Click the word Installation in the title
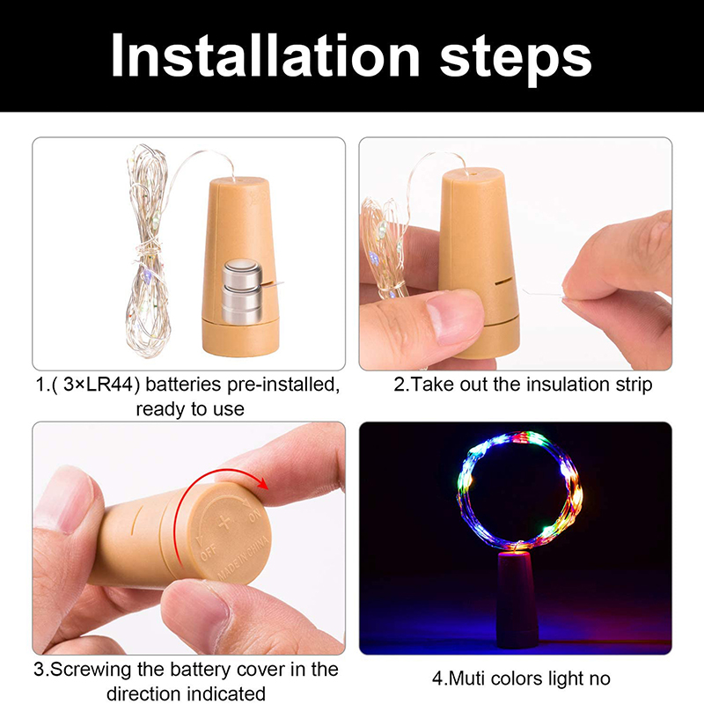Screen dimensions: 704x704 click(266, 56)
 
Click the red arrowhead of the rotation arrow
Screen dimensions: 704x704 click(262, 483)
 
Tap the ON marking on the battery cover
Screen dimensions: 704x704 click(255, 517)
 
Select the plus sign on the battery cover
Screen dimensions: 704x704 click(224, 523)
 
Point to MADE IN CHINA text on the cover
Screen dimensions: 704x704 click(244, 558)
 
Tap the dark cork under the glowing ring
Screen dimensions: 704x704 click(517, 600)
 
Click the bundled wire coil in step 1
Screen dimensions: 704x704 click(148, 252)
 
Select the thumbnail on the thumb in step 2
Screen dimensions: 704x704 click(453, 318)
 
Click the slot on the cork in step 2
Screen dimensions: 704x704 click(503, 282)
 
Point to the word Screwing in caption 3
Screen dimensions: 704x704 click(88, 671)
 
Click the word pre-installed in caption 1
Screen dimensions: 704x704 click(283, 385)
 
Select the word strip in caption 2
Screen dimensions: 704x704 click(634, 385)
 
